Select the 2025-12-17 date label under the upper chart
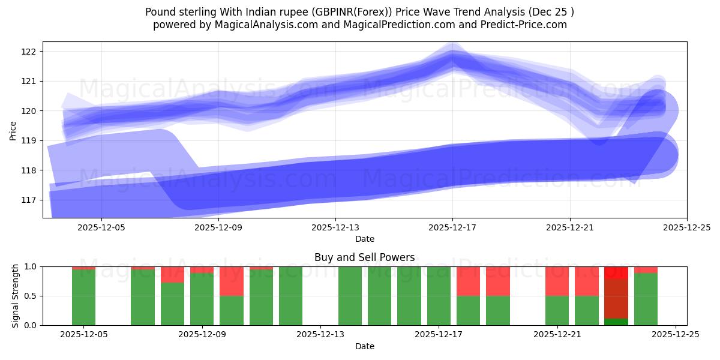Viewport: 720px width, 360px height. [x=452, y=228]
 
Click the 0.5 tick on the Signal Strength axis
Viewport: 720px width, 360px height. [x=31, y=296]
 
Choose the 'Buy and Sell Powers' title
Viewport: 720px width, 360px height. [x=364, y=257]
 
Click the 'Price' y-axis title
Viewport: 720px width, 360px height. [x=13, y=130]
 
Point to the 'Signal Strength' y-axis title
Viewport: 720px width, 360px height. [x=16, y=295]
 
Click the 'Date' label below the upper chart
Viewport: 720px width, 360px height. [x=364, y=239]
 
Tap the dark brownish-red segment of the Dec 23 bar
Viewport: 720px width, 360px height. [x=616, y=298]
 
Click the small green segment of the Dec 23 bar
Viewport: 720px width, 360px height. [x=616, y=322]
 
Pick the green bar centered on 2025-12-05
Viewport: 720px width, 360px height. [x=83, y=298]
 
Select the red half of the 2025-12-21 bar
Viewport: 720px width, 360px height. [x=557, y=281]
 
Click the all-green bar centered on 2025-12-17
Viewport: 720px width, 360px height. [x=439, y=296]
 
